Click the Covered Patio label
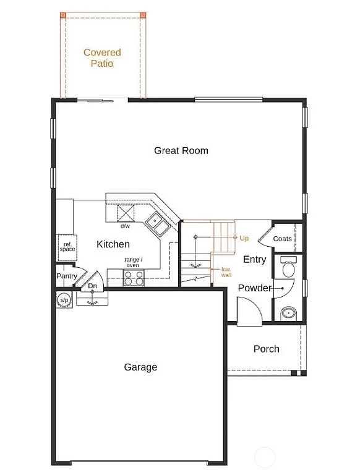102,58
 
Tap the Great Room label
181,150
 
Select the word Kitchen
113,244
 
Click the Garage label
140,367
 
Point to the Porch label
266,349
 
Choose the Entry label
254,259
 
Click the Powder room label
254,288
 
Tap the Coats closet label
282,239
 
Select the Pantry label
66,276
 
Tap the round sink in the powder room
288,313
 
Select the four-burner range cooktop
134,278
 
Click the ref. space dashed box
67,246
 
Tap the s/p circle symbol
63,301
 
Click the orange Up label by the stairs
244,238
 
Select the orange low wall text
226,272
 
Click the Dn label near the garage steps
92,286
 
